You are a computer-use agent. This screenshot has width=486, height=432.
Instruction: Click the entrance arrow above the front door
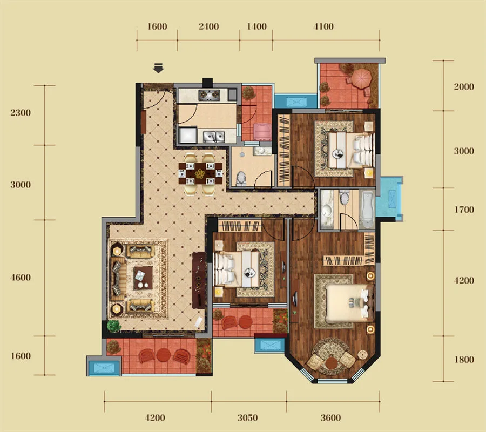(x=159, y=68)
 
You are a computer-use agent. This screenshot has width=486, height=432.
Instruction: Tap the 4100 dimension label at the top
(x=323, y=26)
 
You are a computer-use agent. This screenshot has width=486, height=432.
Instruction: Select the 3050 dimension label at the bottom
(x=248, y=418)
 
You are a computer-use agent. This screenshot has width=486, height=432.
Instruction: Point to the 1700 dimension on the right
(x=464, y=210)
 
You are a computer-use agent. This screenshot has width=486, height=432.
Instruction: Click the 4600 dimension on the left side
(x=21, y=278)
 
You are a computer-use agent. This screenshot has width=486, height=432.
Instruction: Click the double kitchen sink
(x=214, y=136)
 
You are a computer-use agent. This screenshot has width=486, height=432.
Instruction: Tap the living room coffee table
(x=143, y=278)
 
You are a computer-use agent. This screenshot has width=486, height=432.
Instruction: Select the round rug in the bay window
(x=331, y=356)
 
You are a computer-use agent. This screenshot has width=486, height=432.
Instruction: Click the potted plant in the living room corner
(x=114, y=326)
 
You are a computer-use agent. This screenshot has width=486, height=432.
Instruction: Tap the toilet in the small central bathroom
(x=241, y=179)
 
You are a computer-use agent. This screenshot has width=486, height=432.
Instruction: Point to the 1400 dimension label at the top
(x=256, y=26)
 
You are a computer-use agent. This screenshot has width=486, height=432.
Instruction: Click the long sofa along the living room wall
(x=118, y=278)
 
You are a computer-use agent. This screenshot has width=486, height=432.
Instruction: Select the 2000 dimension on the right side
(x=464, y=87)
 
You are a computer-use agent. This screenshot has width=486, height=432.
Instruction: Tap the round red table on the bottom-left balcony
(x=164, y=355)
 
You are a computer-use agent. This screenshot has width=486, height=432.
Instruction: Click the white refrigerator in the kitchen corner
(x=188, y=136)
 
